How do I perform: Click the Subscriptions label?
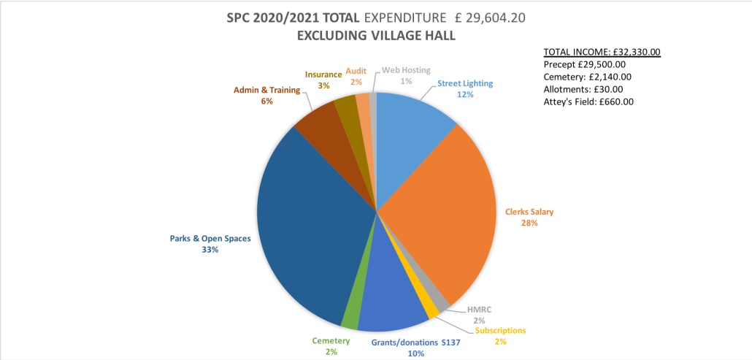(500, 330)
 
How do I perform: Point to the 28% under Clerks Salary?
(529, 223)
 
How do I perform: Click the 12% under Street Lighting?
(466, 95)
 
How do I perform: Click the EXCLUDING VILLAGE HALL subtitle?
(376, 36)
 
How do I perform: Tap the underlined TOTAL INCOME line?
(602, 52)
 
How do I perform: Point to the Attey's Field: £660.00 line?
(588, 102)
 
